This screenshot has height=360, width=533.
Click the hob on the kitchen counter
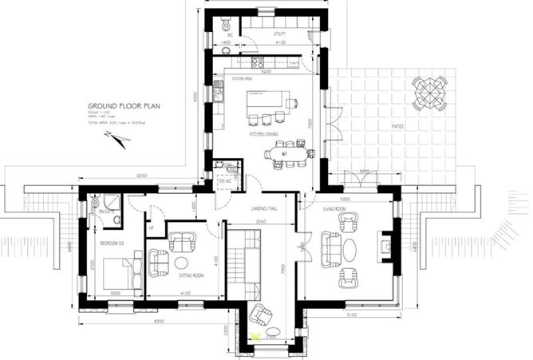[258, 62]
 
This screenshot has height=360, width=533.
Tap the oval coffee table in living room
[351, 249]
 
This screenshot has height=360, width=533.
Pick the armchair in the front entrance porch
[259, 315]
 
